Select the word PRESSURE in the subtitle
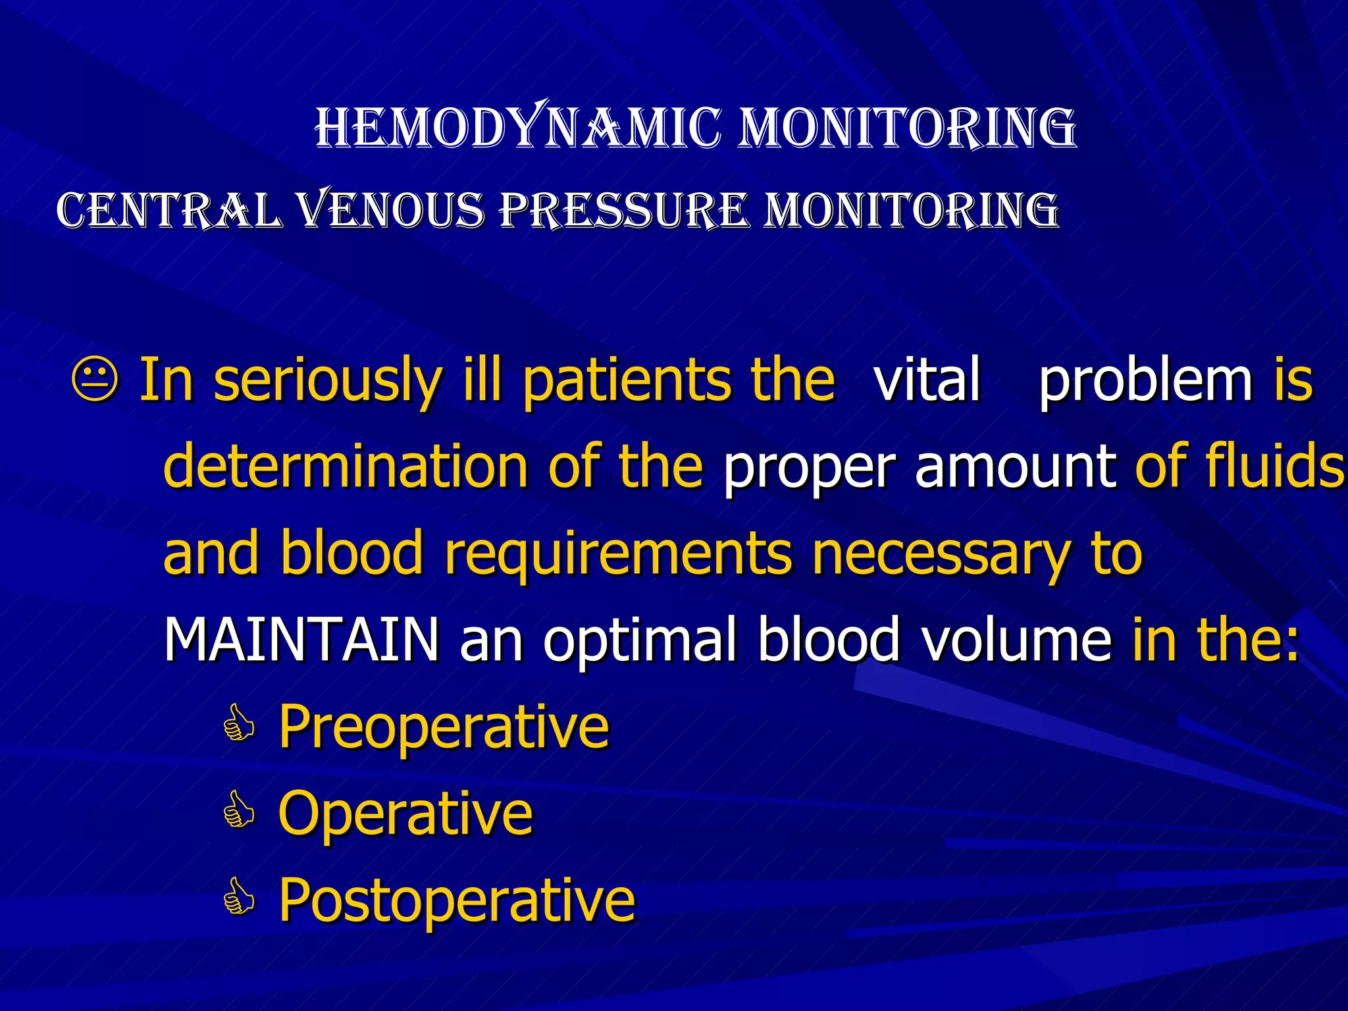pos(624,211)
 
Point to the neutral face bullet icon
pos(95,380)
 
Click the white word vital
pos(927,380)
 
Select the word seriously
pos(327,380)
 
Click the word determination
pos(346,466)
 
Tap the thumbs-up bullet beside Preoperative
pos(238,727)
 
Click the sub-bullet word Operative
pos(405,814)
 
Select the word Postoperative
pos(457,900)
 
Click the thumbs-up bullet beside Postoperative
pos(238,899)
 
